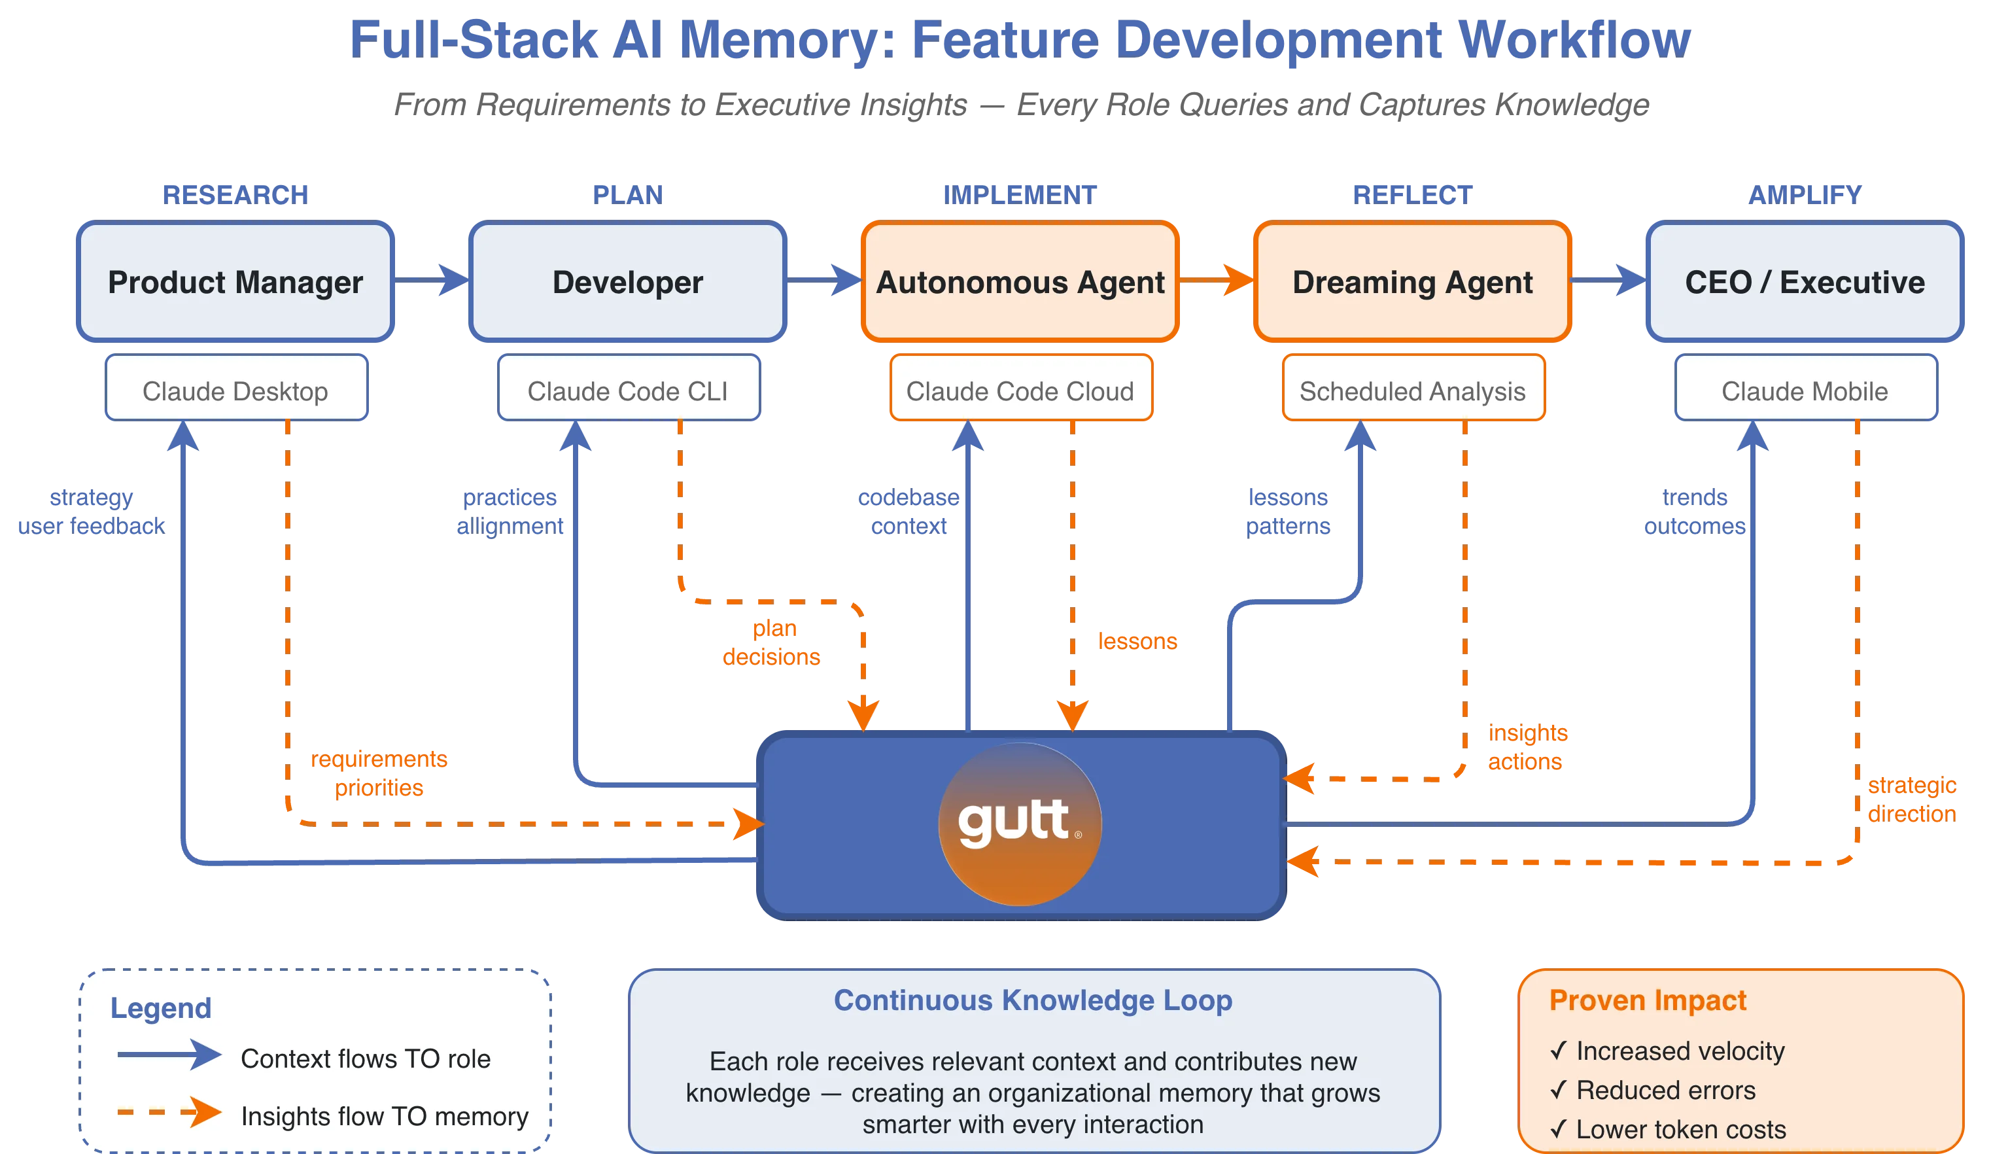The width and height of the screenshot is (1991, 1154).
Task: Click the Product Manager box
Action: point(235,282)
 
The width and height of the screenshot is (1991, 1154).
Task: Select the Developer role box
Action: point(627,282)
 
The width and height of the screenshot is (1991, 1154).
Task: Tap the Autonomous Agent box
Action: point(1019,282)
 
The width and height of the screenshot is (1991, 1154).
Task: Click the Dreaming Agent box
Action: point(1412,282)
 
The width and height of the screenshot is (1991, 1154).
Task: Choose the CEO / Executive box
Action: point(1805,282)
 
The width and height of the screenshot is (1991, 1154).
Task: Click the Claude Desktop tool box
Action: point(236,391)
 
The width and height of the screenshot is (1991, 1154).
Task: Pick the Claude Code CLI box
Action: point(628,391)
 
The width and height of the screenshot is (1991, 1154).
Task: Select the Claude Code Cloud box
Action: point(1020,391)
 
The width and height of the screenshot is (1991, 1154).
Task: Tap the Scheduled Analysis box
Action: point(1413,391)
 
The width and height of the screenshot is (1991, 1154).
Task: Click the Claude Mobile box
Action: point(1805,391)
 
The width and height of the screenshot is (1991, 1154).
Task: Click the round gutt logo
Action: point(1019,824)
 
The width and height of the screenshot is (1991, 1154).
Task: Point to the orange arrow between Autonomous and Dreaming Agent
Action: point(1217,279)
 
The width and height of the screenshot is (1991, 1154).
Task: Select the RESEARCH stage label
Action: point(235,194)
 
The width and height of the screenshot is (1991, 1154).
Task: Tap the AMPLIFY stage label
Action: point(1805,194)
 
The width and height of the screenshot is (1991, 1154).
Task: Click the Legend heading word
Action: point(160,1007)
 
